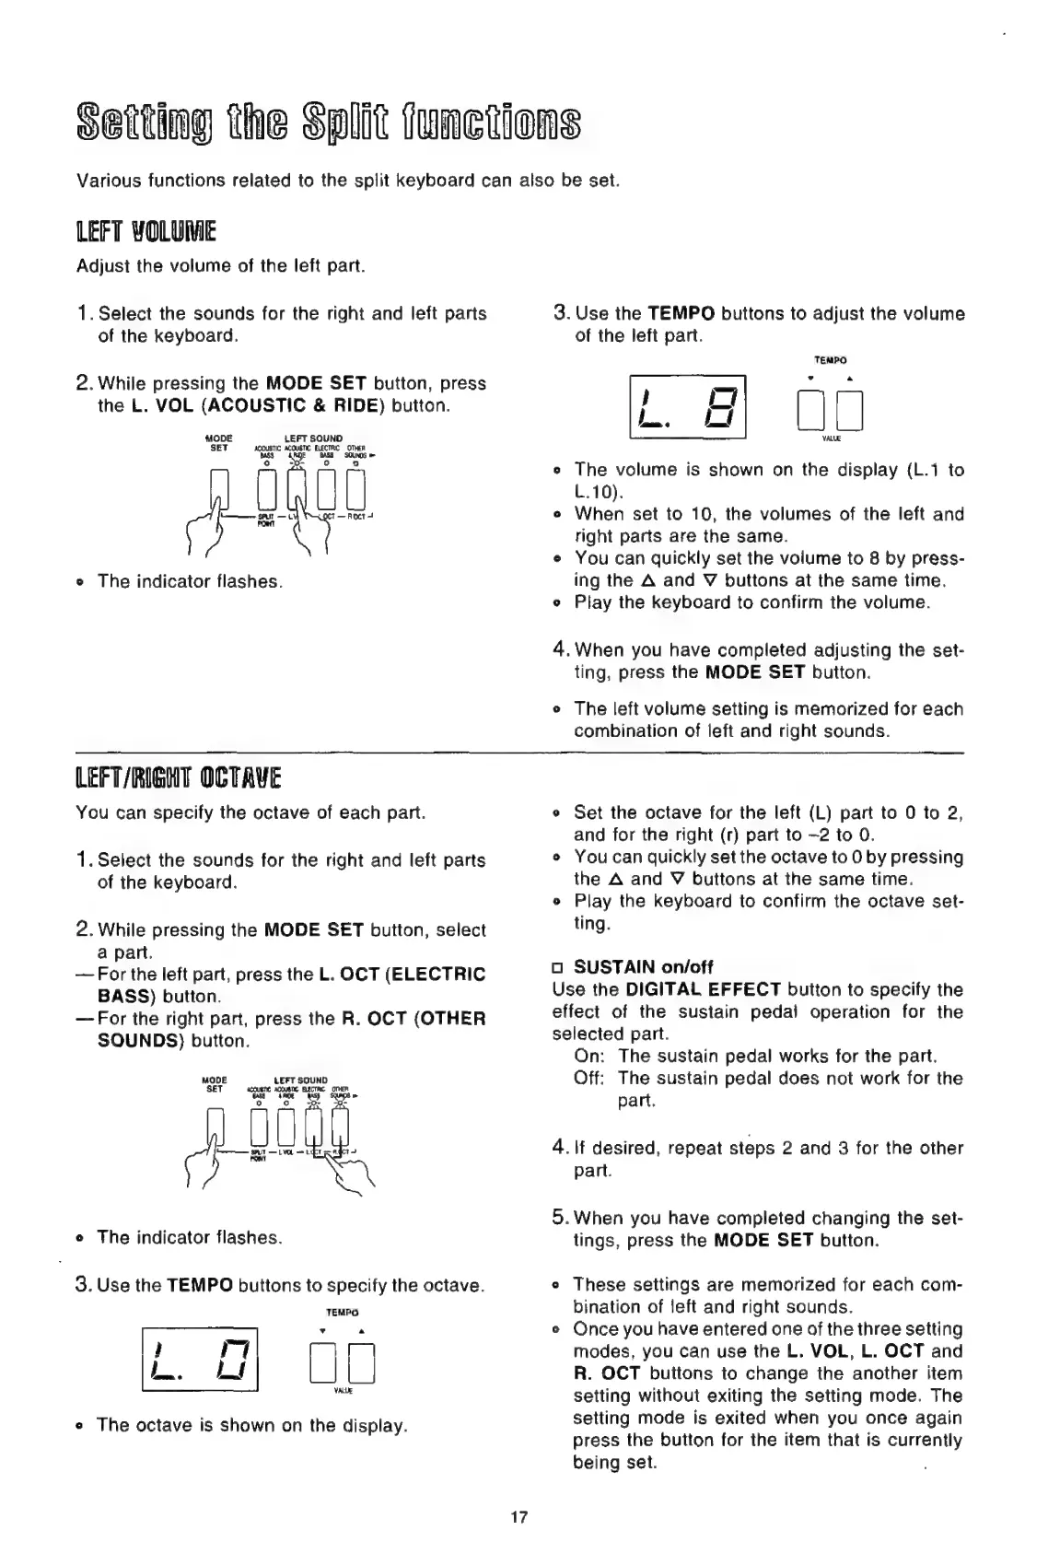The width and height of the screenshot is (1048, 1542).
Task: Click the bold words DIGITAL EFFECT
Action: coord(704,989)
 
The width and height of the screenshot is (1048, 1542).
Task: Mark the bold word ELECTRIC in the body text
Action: coord(446,974)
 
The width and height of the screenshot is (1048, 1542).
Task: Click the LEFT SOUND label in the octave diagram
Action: coord(301,1081)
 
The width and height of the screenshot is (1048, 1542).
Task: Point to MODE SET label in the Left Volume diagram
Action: coord(218,441)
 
